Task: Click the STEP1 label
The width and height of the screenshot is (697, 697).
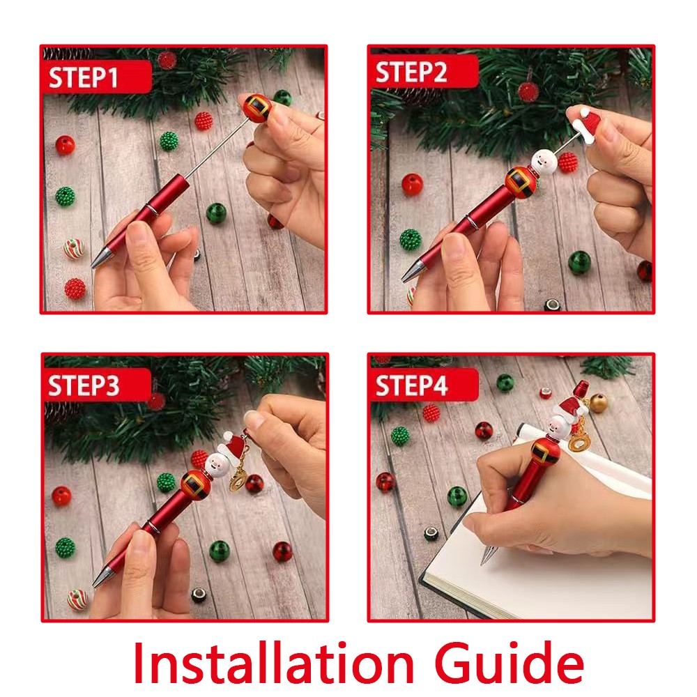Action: point(83,77)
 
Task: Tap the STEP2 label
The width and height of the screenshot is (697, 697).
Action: point(411,72)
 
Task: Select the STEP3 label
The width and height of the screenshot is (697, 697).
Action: point(84,385)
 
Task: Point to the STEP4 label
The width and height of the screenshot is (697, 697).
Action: point(411,385)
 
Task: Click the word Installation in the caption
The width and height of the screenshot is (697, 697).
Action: point(274,664)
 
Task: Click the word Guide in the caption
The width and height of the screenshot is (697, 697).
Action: point(509,664)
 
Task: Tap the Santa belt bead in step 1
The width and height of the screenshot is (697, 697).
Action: point(257,107)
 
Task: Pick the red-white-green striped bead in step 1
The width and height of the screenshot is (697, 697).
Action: point(73,249)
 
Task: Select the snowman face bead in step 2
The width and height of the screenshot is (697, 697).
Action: point(544,162)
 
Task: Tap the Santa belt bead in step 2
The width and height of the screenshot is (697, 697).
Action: point(520,182)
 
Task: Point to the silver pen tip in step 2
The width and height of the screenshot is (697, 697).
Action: point(413,270)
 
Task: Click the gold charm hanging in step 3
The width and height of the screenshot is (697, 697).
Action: point(238,480)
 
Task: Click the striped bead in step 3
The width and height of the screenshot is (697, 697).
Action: point(77,599)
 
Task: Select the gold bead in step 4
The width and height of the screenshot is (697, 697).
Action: point(598,403)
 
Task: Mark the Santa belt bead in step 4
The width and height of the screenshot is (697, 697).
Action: point(544,451)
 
